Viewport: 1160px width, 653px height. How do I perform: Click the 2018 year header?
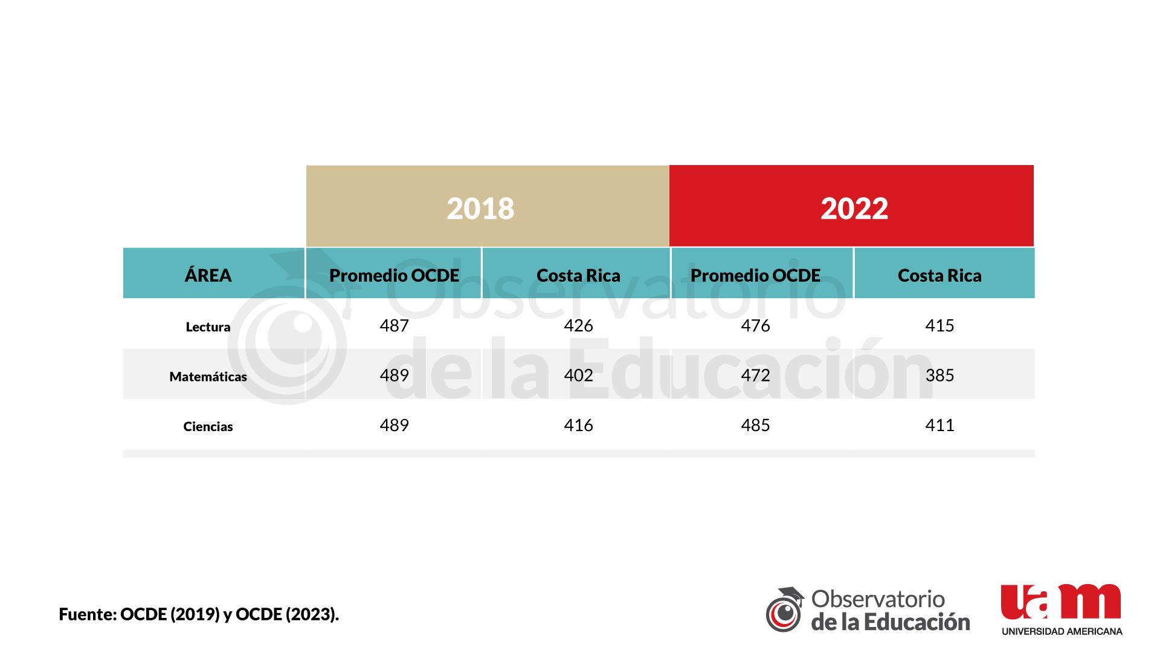481,209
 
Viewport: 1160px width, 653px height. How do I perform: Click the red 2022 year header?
854,209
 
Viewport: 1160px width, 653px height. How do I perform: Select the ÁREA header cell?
208,275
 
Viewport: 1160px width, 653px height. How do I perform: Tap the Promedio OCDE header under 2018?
394,275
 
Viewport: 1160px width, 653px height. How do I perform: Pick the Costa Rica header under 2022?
939,275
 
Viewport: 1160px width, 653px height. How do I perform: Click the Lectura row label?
208,327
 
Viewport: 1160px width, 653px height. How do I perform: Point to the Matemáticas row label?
208,377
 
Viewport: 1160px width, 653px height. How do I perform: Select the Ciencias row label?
208,427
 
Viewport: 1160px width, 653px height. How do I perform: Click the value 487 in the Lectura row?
394,326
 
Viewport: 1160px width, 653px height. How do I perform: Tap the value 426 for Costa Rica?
578,326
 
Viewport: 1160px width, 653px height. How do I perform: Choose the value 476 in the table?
755,326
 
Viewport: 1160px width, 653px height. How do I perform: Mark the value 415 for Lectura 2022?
939,326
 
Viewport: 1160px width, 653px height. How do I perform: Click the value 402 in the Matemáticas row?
578,375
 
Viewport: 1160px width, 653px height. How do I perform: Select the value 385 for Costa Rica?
939,375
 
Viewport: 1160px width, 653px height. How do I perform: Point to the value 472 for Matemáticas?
755,375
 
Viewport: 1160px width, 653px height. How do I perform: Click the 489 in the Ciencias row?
394,426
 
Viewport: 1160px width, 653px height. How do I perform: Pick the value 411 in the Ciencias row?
939,426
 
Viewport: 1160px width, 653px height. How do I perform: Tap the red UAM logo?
1061,602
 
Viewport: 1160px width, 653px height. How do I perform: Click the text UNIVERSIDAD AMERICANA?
1062,631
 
